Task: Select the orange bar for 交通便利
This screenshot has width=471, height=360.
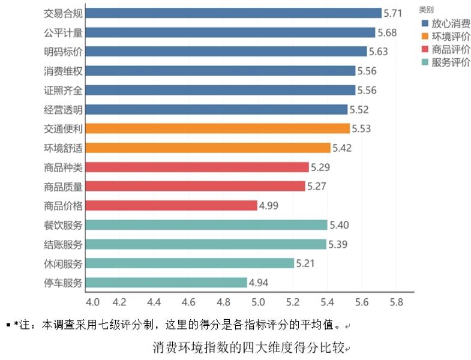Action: click(x=218, y=128)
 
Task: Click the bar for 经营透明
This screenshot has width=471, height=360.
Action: click(x=217, y=109)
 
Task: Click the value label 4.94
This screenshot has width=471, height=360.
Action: click(x=259, y=282)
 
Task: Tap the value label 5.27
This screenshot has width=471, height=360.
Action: click(x=316, y=186)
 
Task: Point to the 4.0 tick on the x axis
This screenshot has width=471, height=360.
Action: click(x=94, y=301)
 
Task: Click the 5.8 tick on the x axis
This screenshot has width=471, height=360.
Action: click(x=397, y=301)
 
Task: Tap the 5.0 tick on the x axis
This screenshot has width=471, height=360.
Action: click(x=259, y=301)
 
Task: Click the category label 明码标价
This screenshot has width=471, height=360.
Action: click(x=64, y=52)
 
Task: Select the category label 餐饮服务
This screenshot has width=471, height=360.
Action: click(x=64, y=224)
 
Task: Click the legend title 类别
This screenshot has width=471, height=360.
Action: click(x=426, y=10)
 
